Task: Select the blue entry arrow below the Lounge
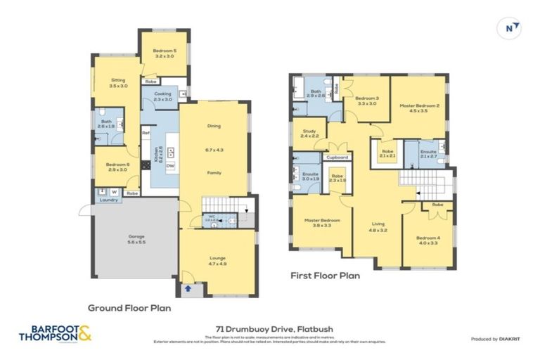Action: point(188,288)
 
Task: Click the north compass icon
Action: point(511,27)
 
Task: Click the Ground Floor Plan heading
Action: point(129,307)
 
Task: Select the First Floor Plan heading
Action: point(325,276)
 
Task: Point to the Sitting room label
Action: point(118,83)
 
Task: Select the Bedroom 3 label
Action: point(366,101)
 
